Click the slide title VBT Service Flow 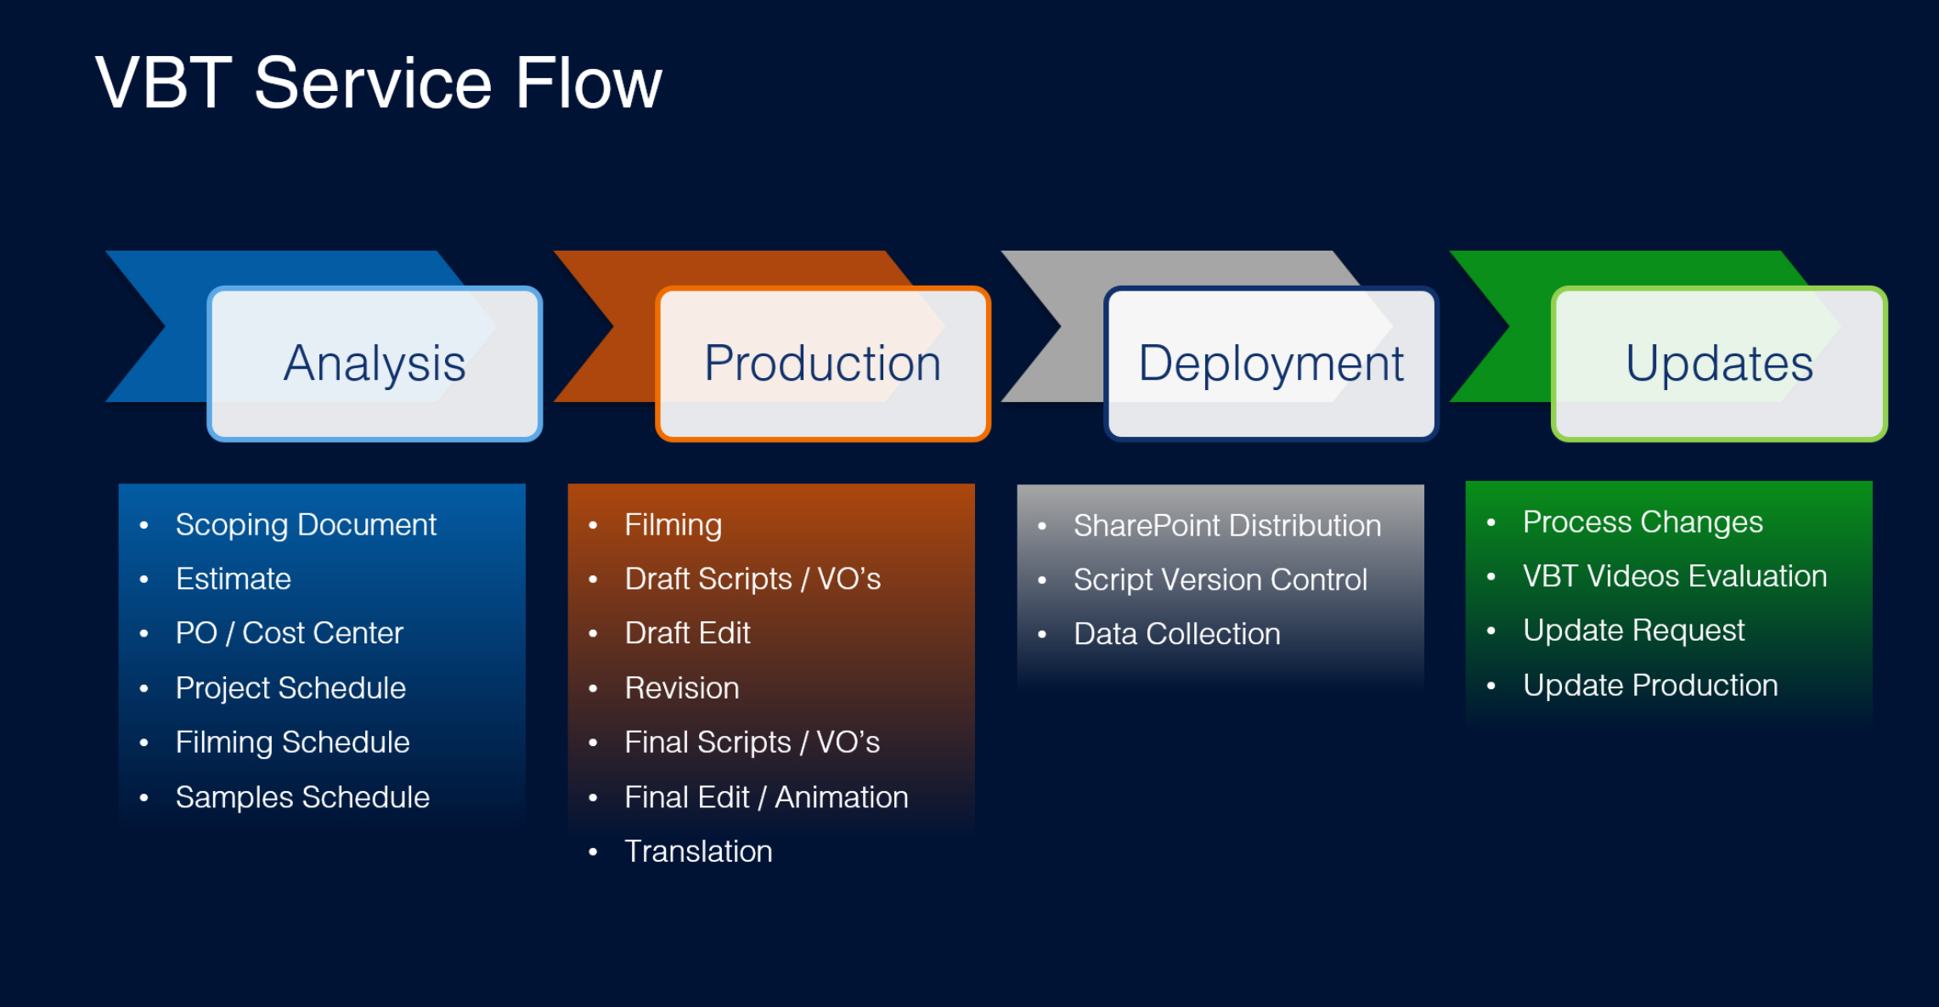[x=378, y=83]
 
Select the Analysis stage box [x=375, y=364]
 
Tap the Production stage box [x=822, y=364]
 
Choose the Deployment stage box [x=1271, y=364]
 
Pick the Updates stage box [x=1719, y=364]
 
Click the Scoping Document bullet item [x=306, y=525]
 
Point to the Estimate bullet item [x=234, y=580]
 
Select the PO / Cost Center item [x=289, y=634]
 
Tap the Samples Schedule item [x=302, y=797]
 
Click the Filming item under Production [x=673, y=525]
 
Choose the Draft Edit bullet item [x=687, y=634]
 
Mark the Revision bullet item [x=682, y=688]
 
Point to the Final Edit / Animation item [x=766, y=797]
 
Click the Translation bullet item [x=698, y=851]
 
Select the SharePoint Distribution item [x=1227, y=526]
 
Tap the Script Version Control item [x=1220, y=580]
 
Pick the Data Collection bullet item [x=1176, y=635]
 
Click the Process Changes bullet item [x=1643, y=522]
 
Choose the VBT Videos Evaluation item [x=1675, y=576]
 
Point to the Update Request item [x=1633, y=631]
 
